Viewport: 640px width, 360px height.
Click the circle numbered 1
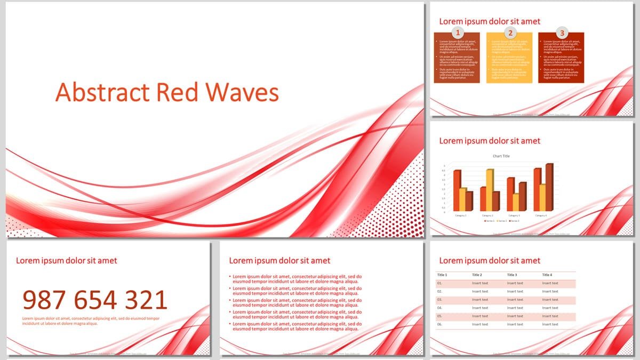(x=457, y=33)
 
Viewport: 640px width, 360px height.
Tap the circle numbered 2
(x=509, y=33)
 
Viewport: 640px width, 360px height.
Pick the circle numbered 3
(x=562, y=33)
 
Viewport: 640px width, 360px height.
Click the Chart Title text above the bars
(x=501, y=156)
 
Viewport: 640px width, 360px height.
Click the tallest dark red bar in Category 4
(x=549, y=187)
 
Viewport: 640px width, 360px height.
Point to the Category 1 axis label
(x=461, y=215)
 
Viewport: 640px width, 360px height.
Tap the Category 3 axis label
(x=514, y=215)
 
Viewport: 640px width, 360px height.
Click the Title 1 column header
(x=442, y=275)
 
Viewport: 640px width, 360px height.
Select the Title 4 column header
(x=547, y=275)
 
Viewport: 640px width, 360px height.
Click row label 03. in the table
(x=440, y=300)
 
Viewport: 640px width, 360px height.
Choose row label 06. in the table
(x=440, y=324)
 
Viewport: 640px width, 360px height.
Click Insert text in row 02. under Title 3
(x=515, y=292)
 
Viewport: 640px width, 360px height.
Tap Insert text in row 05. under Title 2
(x=480, y=316)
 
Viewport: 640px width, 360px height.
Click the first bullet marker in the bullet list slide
(x=230, y=277)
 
